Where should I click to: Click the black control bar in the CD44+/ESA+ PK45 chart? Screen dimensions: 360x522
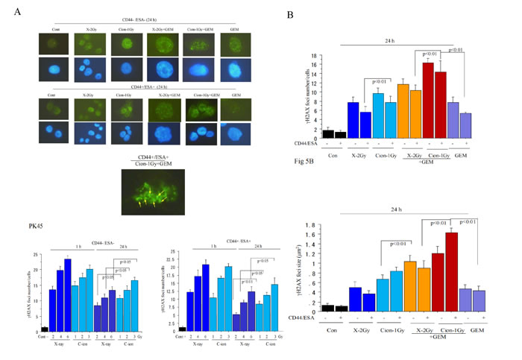tap(183, 329)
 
